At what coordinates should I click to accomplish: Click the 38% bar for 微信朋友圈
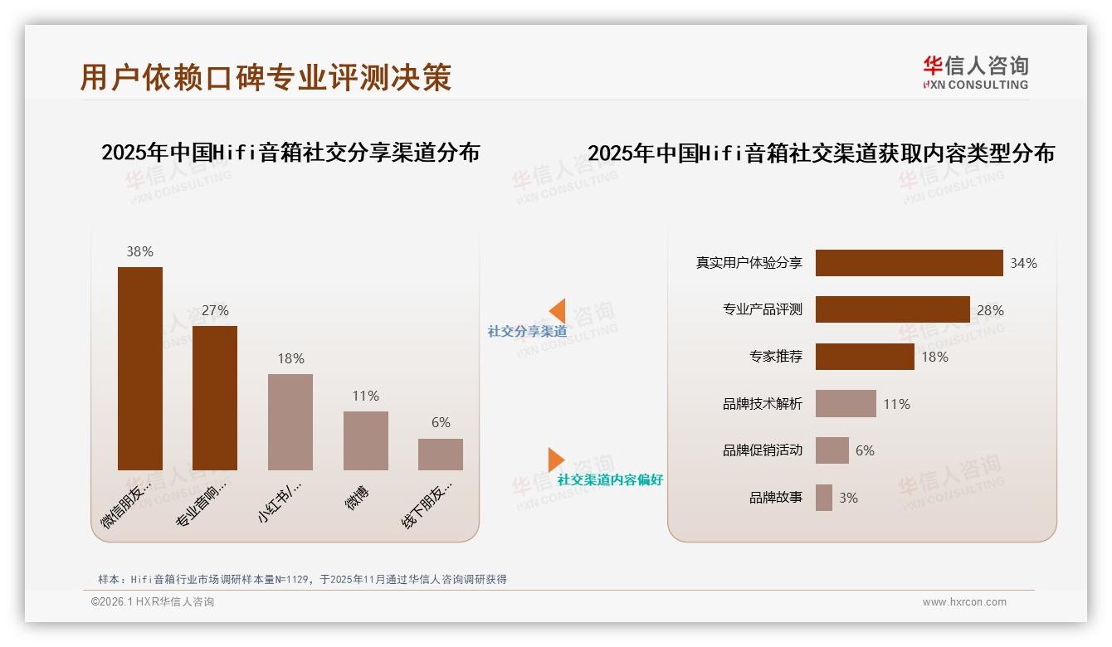(139, 368)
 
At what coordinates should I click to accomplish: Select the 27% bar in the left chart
(215, 398)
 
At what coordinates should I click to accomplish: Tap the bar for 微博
(365, 440)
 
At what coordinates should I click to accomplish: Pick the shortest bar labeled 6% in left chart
(441, 455)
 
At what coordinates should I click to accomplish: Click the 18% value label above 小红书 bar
(290, 358)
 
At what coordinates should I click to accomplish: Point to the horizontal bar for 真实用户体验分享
(909, 263)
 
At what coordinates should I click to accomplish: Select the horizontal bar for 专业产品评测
(892, 309)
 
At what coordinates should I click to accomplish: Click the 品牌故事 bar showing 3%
(823, 498)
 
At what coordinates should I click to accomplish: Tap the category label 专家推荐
(775, 357)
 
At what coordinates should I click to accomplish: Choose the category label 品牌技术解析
(762, 404)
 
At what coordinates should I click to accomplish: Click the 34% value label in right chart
(1023, 263)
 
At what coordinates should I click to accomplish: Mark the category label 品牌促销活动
(762, 450)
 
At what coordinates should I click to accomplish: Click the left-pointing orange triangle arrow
(558, 311)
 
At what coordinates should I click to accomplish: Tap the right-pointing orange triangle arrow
(555, 460)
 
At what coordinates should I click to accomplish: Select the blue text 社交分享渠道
(527, 331)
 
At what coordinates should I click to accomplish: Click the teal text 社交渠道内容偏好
(610, 479)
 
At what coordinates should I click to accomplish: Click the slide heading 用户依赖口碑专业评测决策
(266, 76)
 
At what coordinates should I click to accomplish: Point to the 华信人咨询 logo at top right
(975, 72)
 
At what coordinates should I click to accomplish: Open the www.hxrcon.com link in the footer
(963, 602)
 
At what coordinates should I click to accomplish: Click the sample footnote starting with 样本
(302, 579)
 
